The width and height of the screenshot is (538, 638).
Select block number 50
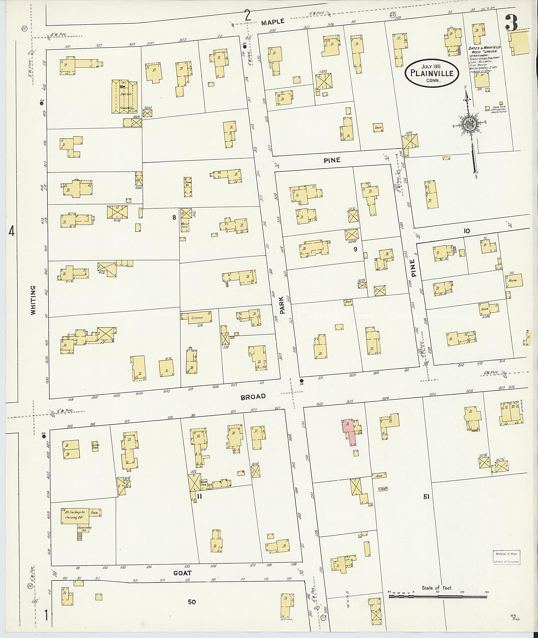pos(192,602)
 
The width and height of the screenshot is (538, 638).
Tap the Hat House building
pos(124,97)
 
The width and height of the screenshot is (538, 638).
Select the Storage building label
pos(197,318)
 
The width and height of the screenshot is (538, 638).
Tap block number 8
pos(174,217)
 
